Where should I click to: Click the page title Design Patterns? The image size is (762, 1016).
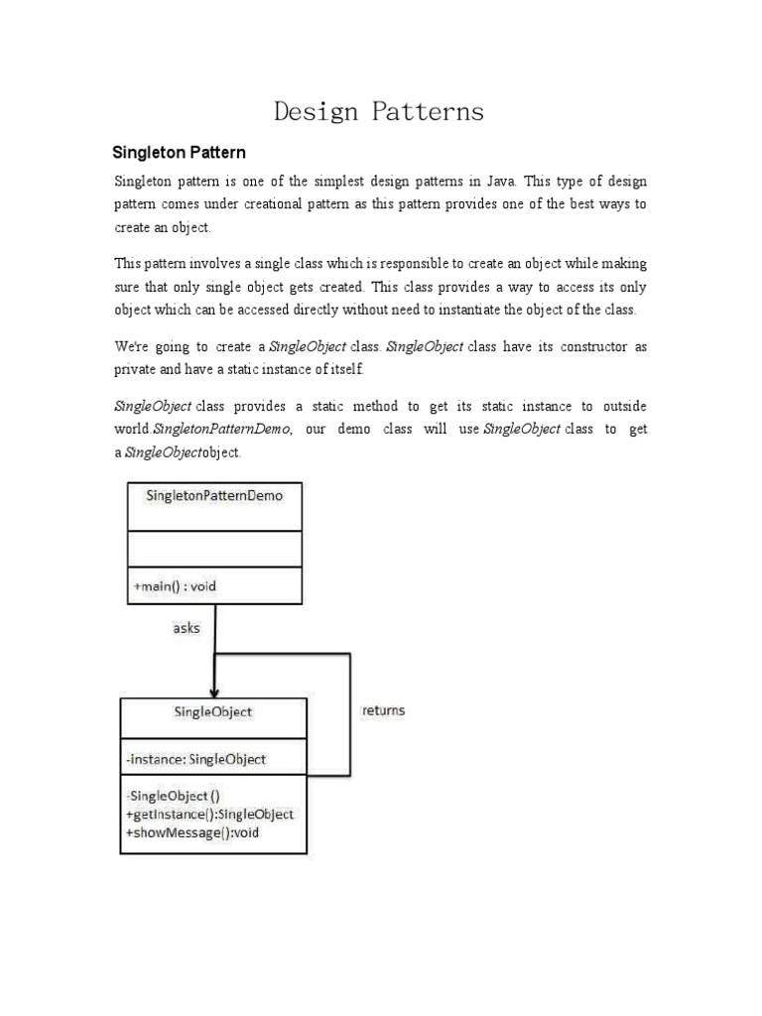pyautogui.click(x=379, y=111)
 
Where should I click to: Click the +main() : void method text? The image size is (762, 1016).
pyautogui.click(x=175, y=585)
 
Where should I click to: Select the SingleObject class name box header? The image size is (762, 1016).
pyautogui.click(x=213, y=711)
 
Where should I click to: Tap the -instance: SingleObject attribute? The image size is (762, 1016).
pyautogui.click(x=196, y=759)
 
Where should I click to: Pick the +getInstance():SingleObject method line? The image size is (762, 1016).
pyautogui.click(x=210, y=814)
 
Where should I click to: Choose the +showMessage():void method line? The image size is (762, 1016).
pyautogui.click(x=192, y=831)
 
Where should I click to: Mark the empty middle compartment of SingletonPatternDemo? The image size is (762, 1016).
pyautogui.click(x=214, y=548)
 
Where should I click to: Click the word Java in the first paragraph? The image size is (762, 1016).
pyautogui.click(x=499, y=182)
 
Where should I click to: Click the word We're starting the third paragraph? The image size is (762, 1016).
pyautogui.click(x=130, y=346)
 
